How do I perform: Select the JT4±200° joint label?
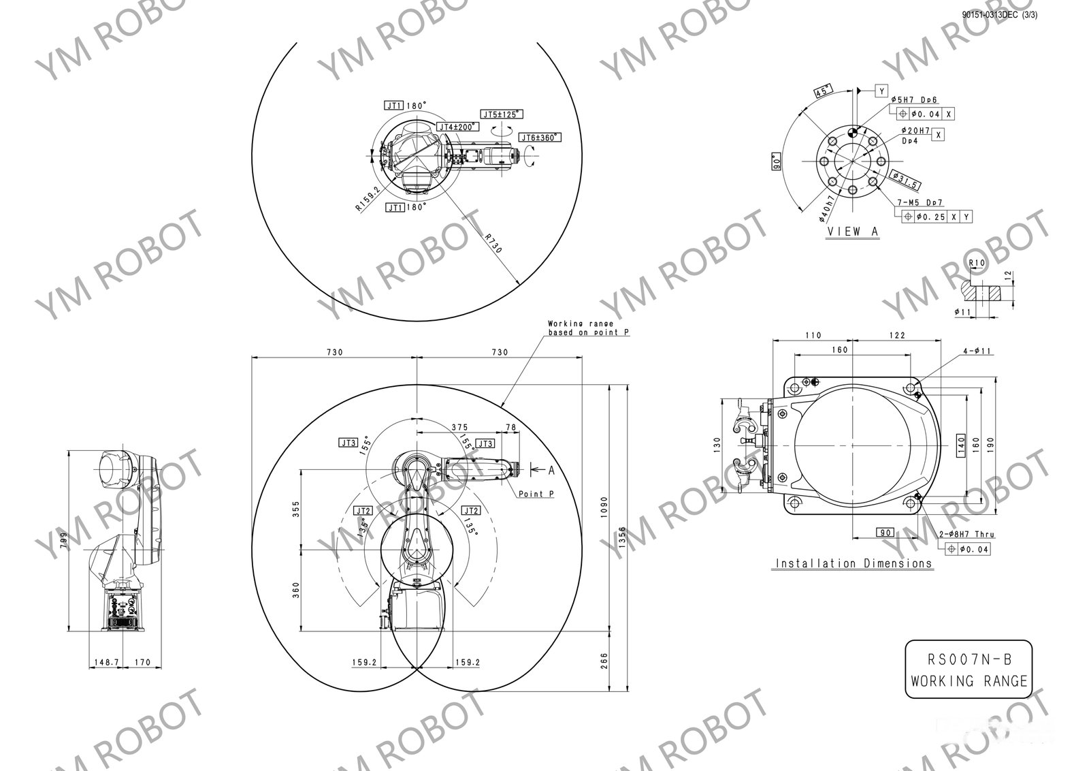457,127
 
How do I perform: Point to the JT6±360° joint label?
540,138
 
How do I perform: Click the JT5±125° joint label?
502,114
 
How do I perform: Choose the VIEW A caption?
853,232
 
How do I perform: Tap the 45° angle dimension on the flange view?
824,91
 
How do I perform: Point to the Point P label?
536,494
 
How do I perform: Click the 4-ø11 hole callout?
977,351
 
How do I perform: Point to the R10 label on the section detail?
977,263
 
